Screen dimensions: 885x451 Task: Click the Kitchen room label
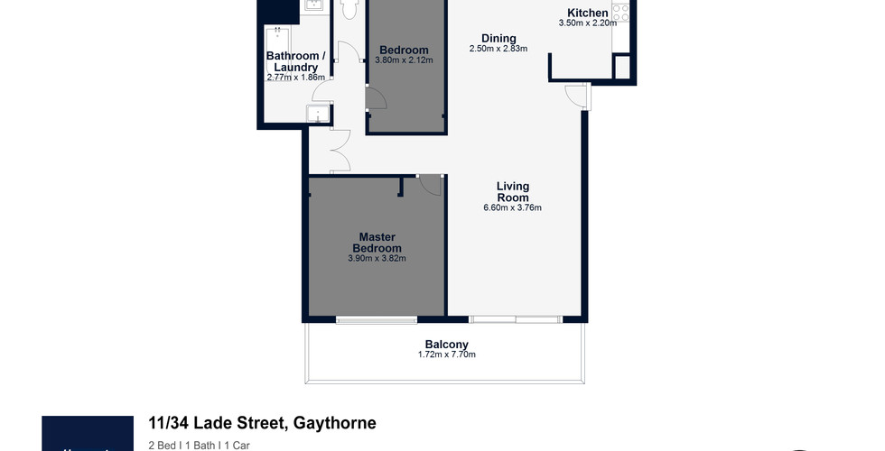click(x=588, y=13)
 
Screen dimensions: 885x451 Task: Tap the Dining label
click(x=498, y=38)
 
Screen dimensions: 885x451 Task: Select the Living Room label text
click(x=513, y=191)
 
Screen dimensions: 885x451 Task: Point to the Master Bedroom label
click(x=377, y=243)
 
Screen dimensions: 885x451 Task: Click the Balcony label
click(x=446, y=345)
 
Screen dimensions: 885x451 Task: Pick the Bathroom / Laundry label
click(x=296, y=61)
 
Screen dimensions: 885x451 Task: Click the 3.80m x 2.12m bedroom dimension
click(x=405, y=60)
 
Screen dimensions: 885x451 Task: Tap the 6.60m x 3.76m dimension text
click(x=513, y=207)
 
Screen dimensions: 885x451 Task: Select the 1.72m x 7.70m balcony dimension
click(x=446, y=354)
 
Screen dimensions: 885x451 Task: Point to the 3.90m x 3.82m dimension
click(x=377, y=259)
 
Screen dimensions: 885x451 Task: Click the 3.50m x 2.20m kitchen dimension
click(x=588, y=23)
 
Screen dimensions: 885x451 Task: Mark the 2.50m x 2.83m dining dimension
click(x=498, y=49)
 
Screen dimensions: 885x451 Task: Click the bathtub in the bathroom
click(x=278, y=50)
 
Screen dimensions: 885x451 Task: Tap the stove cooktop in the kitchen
click(x=620, y=13)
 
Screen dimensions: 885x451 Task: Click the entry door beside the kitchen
click(x=577, y=96)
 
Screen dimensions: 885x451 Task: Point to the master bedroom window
click(x=377, y=319)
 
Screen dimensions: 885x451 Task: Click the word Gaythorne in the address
click(x=335, y=423)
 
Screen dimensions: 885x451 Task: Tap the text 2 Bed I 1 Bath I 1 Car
click(x=199, y=446)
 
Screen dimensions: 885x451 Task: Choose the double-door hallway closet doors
click(x=340, y=151)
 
